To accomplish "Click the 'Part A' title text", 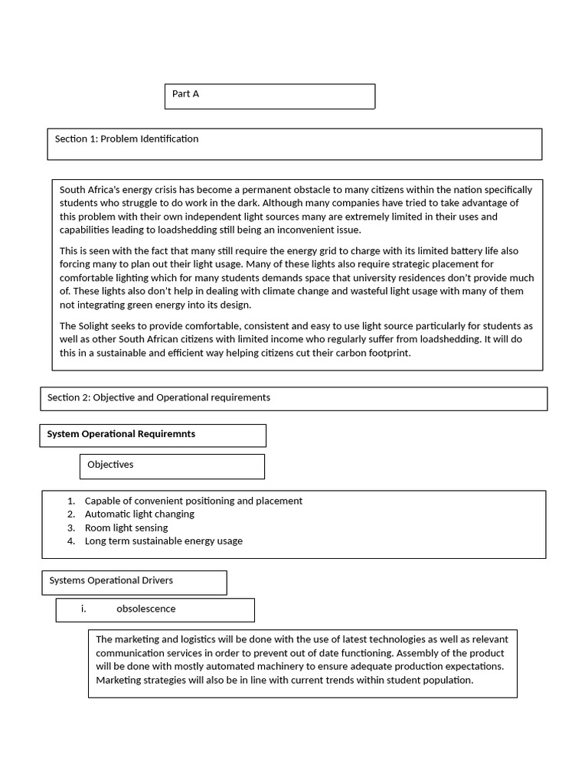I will pos(185,94).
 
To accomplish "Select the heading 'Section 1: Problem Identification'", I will pos(126,139).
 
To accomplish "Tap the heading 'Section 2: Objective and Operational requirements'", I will pos(158,397).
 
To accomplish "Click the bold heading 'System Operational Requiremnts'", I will pos(121,434).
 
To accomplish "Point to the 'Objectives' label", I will pos(110,465).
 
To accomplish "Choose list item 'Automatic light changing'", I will pos(139,514).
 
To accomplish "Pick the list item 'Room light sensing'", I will pos(126,528).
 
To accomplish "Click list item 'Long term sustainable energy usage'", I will pos(163,541).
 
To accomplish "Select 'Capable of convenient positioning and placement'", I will pos(193,501).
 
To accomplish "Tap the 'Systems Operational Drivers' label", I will pos(111,580).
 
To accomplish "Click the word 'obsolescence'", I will pos(145,609).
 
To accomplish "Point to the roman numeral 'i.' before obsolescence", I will pos(83,609).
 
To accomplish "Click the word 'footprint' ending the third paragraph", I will pos(386,354).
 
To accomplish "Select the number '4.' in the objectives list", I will pos(71,541).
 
